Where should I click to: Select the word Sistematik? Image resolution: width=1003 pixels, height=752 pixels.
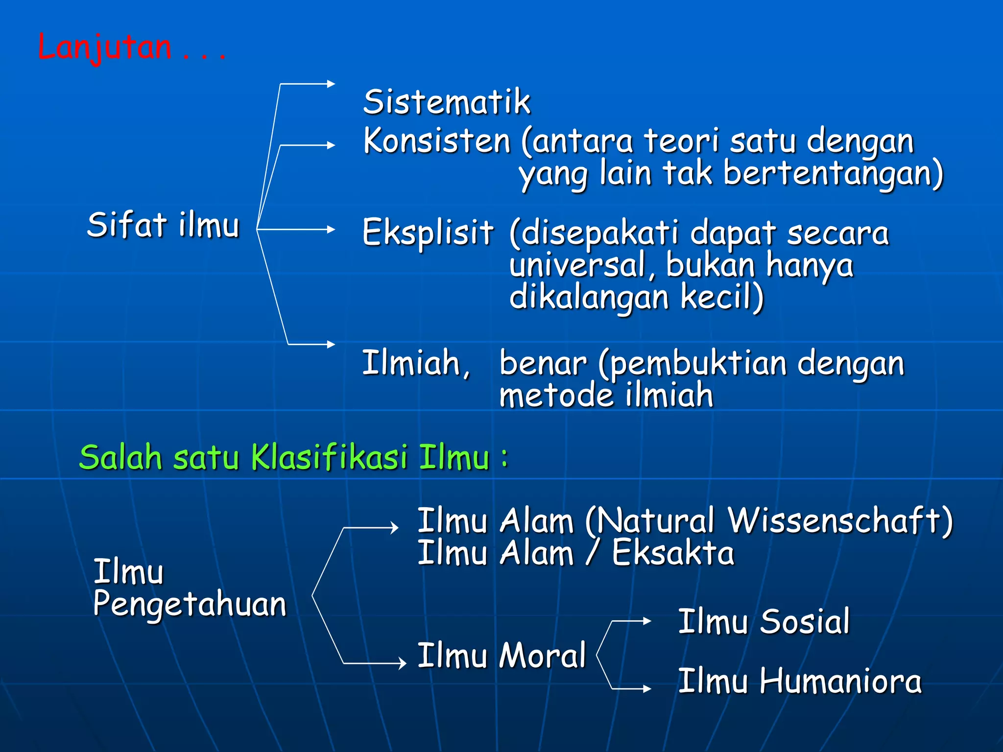click(x=446, y=102)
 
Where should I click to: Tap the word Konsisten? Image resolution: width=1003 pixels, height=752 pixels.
click(x=437, y=141)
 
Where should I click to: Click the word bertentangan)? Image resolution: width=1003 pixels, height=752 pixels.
click(x=833, y=174)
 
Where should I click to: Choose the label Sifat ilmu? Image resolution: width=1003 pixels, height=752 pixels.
click(x=163, y=225)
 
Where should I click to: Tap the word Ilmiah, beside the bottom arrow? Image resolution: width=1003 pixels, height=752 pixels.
click(x=416, y=363)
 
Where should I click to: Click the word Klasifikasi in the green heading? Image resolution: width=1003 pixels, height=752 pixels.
click(x=329, y=457)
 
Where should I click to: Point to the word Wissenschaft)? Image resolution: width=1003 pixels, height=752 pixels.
click(x=840, y=520)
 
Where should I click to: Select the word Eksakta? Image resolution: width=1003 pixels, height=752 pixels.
click(x=673, y=553)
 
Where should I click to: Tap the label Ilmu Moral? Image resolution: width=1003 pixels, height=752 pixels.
click(x=501, y=656)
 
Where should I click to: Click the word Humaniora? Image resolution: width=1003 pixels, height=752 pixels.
click(x=840, y=681)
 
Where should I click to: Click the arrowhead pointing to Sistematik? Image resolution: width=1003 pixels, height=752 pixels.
click(x=331, y=84)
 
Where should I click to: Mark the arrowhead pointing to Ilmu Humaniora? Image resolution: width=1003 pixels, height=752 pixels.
click(x=647, y=688)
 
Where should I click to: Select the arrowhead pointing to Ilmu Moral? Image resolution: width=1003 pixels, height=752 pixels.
click(x=403, y=663)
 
